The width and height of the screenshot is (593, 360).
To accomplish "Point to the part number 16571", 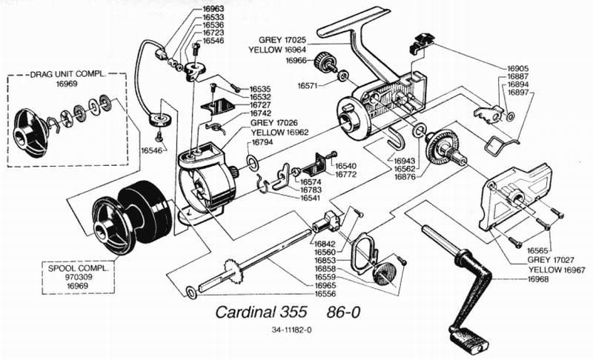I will [x=310, y=85].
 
